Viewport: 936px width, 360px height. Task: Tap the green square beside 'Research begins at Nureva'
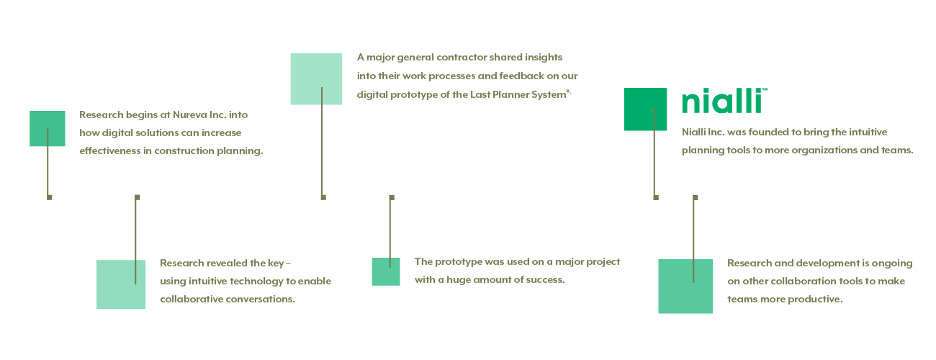(48, 128)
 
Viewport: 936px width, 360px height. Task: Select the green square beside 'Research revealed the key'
(121, 284)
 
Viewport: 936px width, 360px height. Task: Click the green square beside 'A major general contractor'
(316, 79)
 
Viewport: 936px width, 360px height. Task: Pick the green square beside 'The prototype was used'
(386, 271)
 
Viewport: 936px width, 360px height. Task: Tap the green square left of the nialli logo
(645, 109)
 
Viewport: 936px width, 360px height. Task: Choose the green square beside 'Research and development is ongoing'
(685, 287)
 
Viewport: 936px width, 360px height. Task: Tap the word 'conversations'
(260, 300)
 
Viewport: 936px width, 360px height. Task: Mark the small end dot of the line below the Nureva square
(50, 197)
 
